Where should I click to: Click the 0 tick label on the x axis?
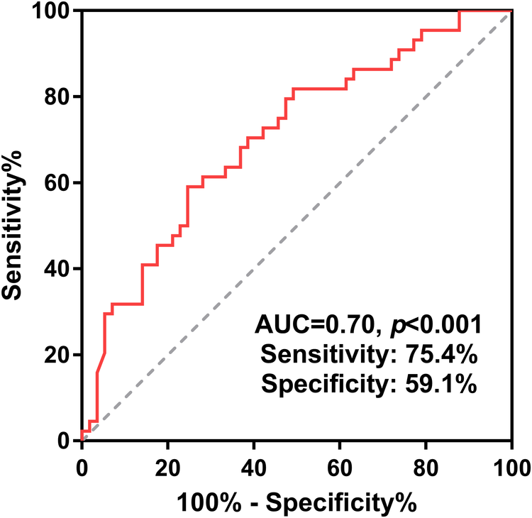[x=82, y=468]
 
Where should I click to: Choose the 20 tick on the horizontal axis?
[x=168, y=468]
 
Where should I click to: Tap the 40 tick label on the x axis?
[x=254, y=468]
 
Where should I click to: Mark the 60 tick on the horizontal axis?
[x=340, y=468]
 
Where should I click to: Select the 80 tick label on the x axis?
[x=426, y=468]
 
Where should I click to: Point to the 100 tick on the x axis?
[x=511, y=468]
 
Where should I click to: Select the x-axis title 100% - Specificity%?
[x=297, y=502]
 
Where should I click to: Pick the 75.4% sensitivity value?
[x=446, y=356]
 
